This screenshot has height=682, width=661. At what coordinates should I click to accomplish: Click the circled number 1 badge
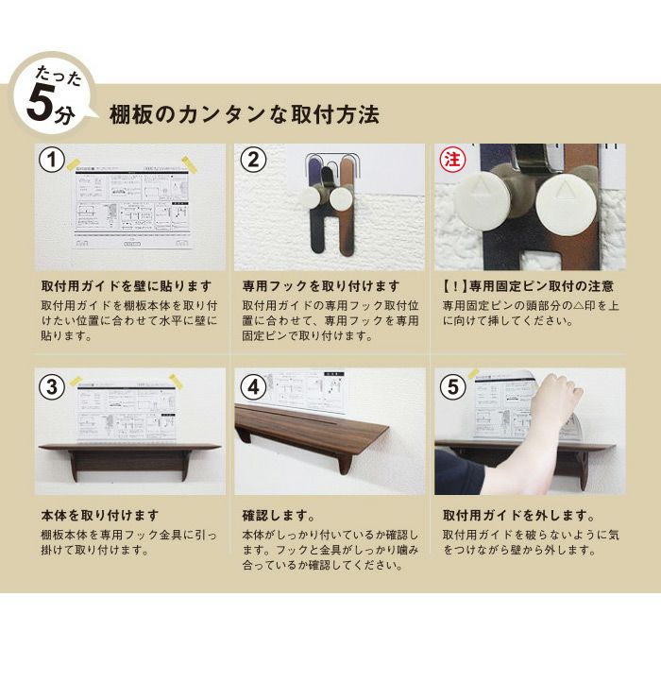[52, 160]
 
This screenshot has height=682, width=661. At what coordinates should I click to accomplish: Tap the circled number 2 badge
[253, 160]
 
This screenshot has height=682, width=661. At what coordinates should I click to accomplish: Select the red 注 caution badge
[452, 160]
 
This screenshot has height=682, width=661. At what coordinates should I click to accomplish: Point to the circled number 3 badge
[52, 386]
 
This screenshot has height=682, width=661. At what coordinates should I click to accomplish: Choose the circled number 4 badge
[253, 386]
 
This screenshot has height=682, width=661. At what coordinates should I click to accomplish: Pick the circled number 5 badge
[452, 386]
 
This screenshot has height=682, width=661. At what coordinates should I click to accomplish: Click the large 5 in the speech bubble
[41, 103]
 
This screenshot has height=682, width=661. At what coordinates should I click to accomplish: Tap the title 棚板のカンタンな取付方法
[244, 115]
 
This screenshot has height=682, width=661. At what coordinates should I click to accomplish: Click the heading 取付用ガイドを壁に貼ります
[127, 286]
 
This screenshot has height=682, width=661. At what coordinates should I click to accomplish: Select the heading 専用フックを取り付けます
[321, 286]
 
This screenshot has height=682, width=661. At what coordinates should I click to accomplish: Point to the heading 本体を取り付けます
[100, 516]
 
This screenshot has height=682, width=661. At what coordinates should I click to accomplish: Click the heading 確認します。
[279, 516]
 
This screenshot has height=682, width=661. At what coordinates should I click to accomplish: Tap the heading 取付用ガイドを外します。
[518, 516]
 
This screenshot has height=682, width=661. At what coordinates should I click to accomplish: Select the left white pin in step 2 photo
[310, 198]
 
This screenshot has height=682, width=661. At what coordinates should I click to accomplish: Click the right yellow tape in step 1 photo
[189, 163]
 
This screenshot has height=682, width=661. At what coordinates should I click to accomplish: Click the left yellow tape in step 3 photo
[76, 381]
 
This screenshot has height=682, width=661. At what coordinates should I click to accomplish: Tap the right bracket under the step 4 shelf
[344, 463]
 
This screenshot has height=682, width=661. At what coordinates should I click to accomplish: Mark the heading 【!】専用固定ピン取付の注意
[528, 286]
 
